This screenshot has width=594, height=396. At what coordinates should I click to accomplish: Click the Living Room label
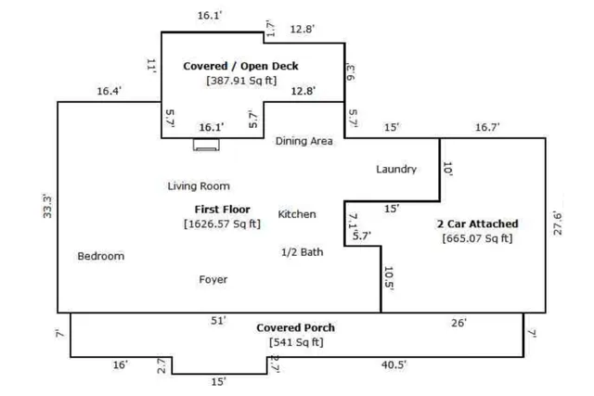point(199,185)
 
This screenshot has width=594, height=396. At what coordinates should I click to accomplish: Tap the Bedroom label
point(101,256)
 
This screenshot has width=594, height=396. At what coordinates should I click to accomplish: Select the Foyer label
point(213,279)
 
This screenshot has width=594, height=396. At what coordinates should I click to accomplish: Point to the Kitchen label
point(297,214)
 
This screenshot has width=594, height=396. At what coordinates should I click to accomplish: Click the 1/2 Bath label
point(303,251)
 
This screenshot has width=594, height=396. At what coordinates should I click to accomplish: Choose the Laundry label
point(396,169)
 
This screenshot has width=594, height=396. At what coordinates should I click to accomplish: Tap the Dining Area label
point(304,141)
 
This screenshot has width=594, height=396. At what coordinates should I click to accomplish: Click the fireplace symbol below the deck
point(206,145)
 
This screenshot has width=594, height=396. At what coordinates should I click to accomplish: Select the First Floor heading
point(223,209)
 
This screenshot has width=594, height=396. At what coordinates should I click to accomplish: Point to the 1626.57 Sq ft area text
point(223,224)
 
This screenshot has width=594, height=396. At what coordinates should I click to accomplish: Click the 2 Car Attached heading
point(478,224)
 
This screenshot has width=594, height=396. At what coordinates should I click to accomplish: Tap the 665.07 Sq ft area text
point(477,238)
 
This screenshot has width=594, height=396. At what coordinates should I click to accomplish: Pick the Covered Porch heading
point(295,327)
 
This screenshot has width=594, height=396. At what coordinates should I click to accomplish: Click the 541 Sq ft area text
point(296,342)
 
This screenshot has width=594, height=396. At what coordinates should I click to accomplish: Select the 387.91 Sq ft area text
point(241,81)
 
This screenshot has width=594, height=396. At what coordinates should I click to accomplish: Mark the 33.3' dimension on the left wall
point(47,206)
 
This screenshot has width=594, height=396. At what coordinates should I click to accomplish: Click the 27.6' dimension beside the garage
point(558,224)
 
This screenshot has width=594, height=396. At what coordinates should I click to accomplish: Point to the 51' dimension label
point(219,321)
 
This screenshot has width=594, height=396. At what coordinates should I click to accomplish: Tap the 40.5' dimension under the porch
point(394,364)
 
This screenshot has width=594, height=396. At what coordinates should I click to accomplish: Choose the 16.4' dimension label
point(110,91)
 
